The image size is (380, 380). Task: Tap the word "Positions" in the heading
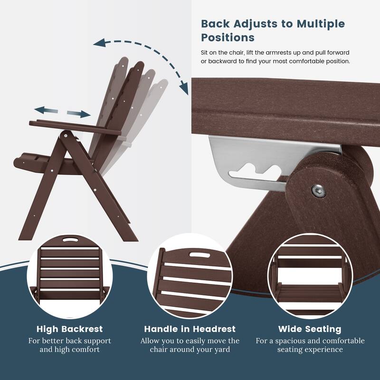tap(228, 38)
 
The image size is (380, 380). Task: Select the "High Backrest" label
tap(70, 329)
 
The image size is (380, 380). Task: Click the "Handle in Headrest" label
tap(190, 329)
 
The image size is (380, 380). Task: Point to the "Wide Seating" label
tap(310, 329)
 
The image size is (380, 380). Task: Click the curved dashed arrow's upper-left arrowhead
tap(99, 44)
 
